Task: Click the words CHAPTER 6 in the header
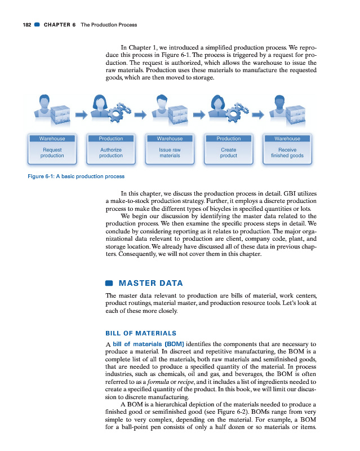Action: pyautogui.click(x=60, y=25)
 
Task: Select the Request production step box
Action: pyautogui.click(x=52, y=153)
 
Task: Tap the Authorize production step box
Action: pyautogui.click(x=111, y=153)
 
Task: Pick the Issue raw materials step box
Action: pyautogui.click(x=170, y=153)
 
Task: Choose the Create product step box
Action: pyautogui.click(x=228, y=153)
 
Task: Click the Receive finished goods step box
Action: pyautogui.click(x=287, y=153)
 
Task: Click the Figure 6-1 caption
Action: pyautogui.click(x=76, y=176)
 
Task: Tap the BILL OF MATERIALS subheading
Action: pyautogui.click(x=141, y=333)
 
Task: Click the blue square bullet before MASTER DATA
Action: pyautogui.click(x=109, y=283)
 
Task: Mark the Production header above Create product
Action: pyautogui.click(x=228, y=139)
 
